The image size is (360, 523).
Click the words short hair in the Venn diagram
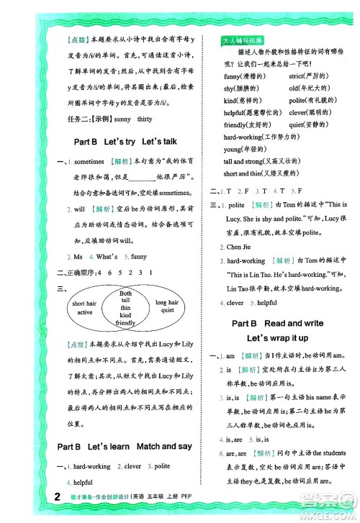pyautogui.click(x=85, y=304)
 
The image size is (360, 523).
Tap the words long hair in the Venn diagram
pyautogui.click(x=166, y=303)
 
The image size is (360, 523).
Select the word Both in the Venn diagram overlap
pyautogui.click(x=126, y=294)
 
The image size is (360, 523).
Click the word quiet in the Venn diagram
pyautogui.click(x=166, y=312)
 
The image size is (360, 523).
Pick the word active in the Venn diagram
pyautogui.click(x=85, y=313)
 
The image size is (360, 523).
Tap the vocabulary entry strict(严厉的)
pyautogui.click(x=309, y=76)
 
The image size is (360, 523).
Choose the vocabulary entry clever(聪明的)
pyautogui.click(x=310, y=112)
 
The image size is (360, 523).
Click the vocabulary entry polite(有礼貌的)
pyautogui.click(x=311, y=101)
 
